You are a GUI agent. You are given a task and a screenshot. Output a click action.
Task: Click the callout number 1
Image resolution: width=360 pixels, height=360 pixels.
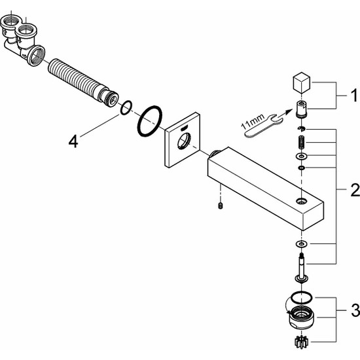click(354, 95)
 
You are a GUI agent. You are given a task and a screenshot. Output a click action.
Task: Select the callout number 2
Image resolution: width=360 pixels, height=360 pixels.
click(355, 190)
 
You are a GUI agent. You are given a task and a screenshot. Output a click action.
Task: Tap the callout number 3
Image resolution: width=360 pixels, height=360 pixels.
click(355, 310)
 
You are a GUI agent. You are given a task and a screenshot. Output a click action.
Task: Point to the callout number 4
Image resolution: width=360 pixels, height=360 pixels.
click(73, 141)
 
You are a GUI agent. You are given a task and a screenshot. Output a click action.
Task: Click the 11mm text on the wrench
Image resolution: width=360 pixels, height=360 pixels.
click(253, 122)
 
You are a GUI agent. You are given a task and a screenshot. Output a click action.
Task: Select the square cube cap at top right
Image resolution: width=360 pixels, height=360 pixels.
click(302, 83)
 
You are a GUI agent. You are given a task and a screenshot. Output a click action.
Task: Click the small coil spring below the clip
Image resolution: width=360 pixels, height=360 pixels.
click(302, 143)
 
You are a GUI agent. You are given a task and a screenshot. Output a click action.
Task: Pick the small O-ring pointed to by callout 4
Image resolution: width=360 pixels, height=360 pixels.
click(126, 107)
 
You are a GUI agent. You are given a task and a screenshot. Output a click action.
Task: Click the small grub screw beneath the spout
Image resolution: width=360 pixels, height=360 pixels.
click(220, 206)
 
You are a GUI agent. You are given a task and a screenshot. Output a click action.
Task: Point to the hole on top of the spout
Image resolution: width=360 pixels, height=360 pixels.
click(301, 202)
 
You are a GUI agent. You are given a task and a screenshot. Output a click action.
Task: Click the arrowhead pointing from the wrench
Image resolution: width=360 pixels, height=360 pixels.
click(289, 111)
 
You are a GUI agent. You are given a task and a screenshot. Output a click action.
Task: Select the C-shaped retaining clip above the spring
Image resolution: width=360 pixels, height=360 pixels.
click(301, 129)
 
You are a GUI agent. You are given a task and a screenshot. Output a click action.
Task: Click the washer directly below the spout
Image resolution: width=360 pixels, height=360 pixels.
click(301, 244)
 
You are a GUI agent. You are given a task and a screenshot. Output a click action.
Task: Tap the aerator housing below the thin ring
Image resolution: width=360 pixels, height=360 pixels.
click(302, 317)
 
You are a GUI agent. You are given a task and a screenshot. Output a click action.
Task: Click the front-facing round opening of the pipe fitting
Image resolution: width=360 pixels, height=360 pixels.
click(36, 56)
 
